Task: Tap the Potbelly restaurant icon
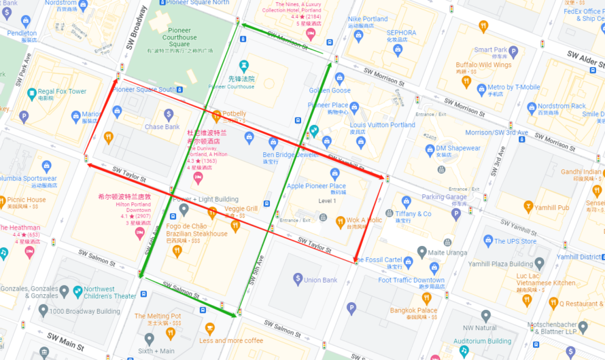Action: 217,116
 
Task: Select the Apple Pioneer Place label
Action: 316,186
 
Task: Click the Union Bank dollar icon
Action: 298,278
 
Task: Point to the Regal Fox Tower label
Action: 62,91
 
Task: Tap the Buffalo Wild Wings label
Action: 483,65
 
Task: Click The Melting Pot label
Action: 158,316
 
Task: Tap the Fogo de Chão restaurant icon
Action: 177,251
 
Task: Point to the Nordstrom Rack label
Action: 561,106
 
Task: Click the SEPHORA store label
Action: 401,33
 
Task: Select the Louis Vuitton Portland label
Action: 382,125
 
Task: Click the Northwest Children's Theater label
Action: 109,292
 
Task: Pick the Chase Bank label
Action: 162,127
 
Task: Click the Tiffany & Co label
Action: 413,213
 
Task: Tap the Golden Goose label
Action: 330,90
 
